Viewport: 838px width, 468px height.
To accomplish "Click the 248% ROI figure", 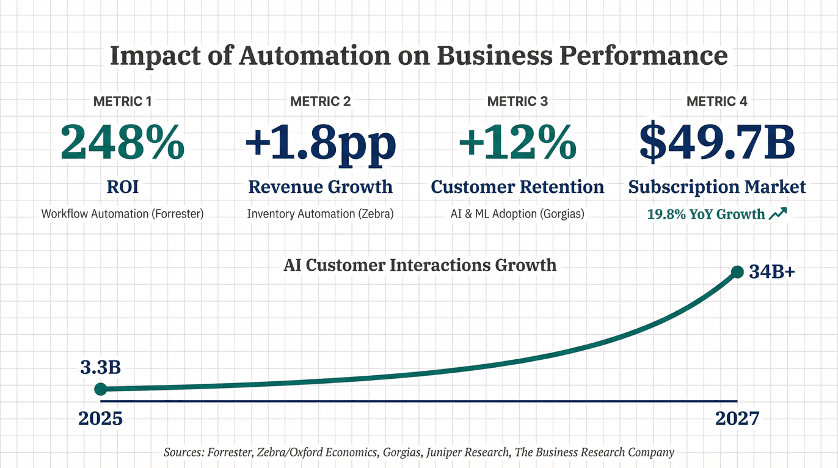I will (122, 142).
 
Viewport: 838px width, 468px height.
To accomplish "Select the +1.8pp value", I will (320, 142).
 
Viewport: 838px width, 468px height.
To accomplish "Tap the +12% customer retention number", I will (517, 142).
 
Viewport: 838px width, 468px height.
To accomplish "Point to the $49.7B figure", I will (717, 142).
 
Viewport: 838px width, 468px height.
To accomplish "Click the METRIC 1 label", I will (122, 101).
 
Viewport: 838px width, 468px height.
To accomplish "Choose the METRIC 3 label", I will (517, 101).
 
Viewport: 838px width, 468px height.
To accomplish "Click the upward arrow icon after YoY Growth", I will (779, 213).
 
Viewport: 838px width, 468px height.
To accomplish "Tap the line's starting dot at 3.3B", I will (101, 389).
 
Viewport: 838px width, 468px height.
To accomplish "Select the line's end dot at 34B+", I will (737, 272).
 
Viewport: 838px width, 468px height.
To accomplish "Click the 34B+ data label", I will (772, 272).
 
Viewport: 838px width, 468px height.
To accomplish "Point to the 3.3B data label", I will (100, 368).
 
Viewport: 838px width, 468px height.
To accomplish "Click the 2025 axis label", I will (101, 419).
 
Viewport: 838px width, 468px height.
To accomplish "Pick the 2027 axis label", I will (737, 419).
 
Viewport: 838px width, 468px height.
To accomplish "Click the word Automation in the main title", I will (314, 56).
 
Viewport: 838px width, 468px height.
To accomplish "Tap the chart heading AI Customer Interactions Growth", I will (420, 265).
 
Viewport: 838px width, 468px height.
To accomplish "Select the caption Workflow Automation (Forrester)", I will (122, 214).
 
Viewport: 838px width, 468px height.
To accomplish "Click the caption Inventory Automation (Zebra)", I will (320, 214).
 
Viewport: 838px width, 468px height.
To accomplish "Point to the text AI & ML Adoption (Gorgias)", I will (517, 214).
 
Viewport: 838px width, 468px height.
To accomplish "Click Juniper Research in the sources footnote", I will (470, 453).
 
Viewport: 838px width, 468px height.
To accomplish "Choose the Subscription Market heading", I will (717, 187).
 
